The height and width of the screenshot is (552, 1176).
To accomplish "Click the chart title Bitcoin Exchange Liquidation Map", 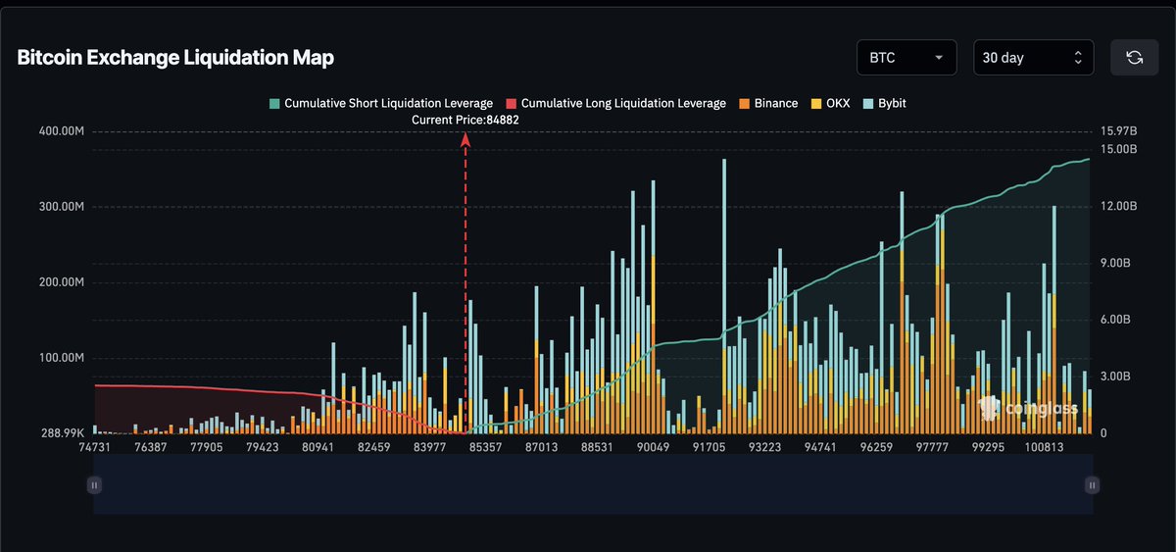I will click(x=175, y=58).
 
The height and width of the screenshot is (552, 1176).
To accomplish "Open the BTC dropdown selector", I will click(x=906, y=58).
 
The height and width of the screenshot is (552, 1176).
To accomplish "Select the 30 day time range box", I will click(x=1033, y=58).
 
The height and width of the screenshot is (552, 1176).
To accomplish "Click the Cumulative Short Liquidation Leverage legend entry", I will click(x=381, y=103).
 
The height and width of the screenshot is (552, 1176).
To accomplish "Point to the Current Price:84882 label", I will click(x=465, y=120).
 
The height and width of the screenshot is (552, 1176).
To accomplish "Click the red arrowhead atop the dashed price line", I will click(x=465, y=140).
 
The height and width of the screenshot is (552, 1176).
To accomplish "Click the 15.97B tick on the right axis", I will click(x=1118, y=131).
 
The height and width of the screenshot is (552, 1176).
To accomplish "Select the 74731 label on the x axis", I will click(x=94, y=447).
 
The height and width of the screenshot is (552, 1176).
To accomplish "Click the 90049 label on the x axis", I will click(x=652, y=447).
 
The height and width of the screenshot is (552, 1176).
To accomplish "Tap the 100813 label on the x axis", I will click(x=1044, y=447).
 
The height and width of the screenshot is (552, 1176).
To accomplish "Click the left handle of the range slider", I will click(x=94, y=484).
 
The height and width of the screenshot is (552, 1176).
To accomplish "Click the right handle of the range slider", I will click(x=1092, y=484).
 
